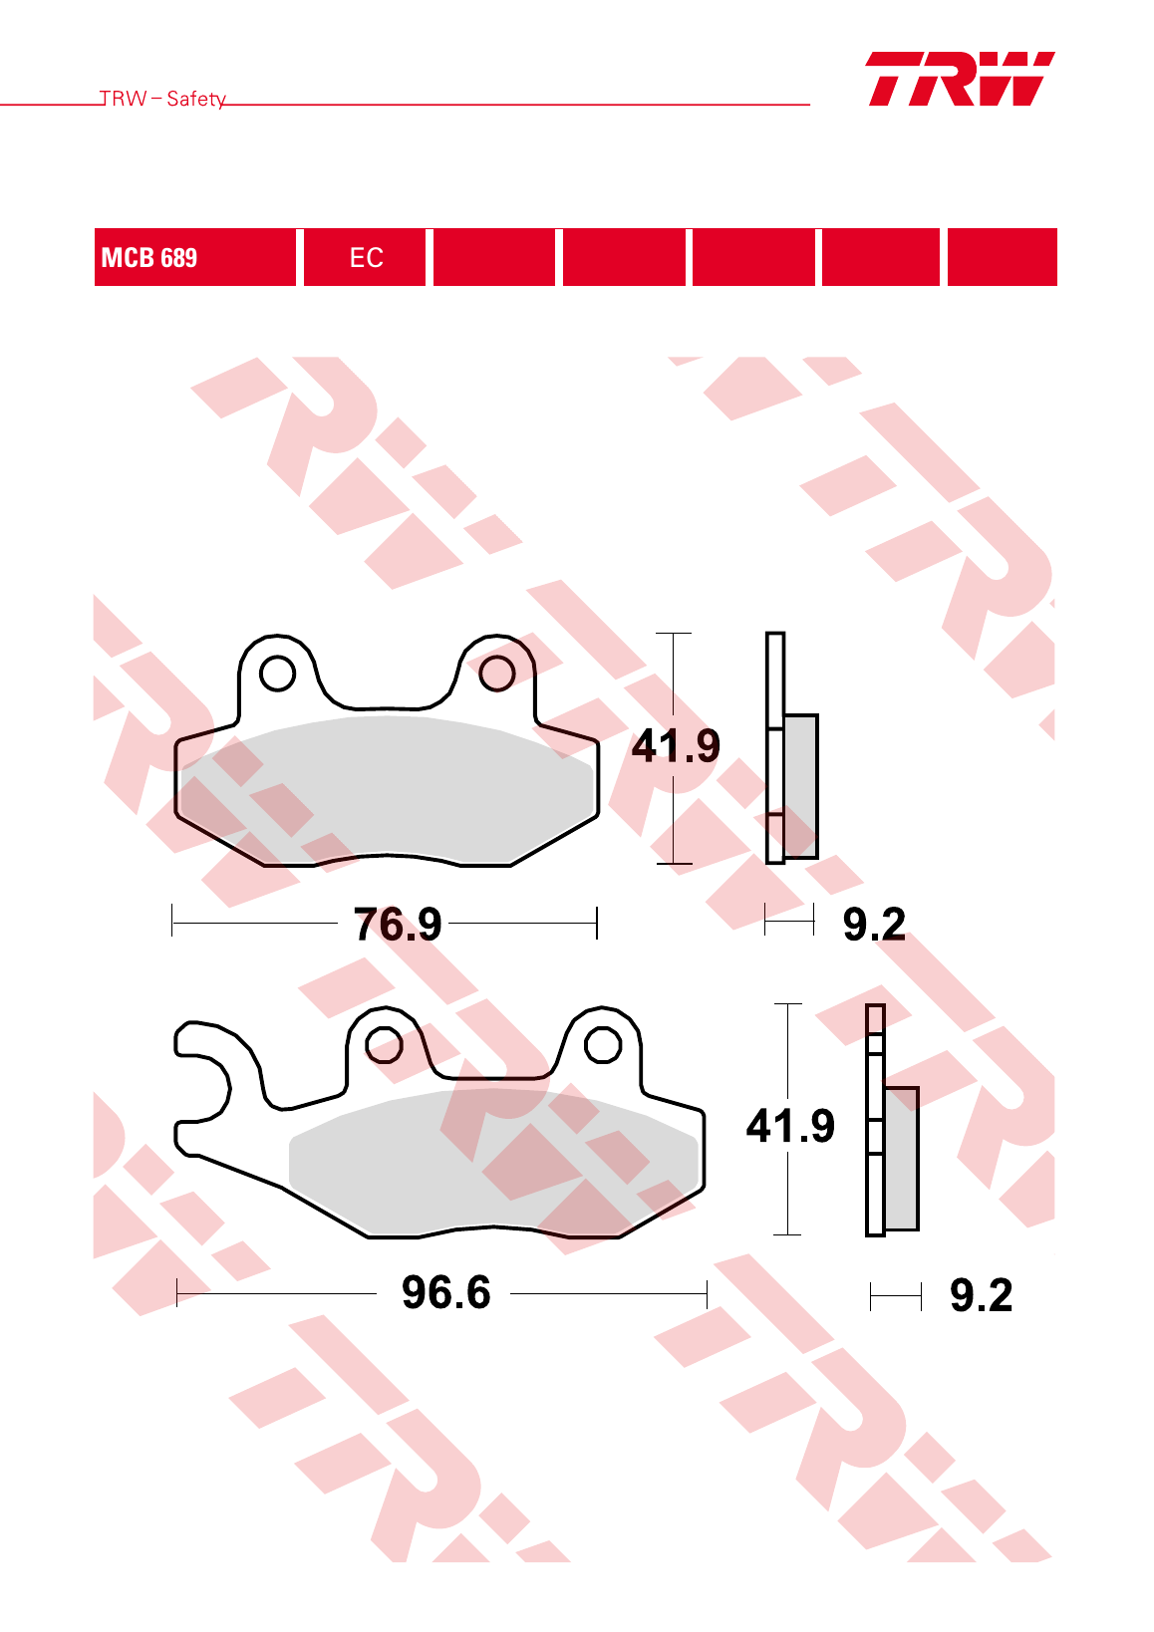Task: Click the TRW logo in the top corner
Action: [x=960, y=79]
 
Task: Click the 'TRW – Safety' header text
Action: [x=162, y=99]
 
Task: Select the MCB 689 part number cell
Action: [x=194, y=257]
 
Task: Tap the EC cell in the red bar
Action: [x=365, y=257]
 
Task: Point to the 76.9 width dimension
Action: [x=397, y=924]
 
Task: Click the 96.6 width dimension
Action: [x=445, y=1292]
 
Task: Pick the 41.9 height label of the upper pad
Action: [x=676, y=745]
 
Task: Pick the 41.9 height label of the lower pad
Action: [x=789, y=1126]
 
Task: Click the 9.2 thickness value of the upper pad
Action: [x=874, y=924]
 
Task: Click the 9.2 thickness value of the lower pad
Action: [x=981, y=1294]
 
